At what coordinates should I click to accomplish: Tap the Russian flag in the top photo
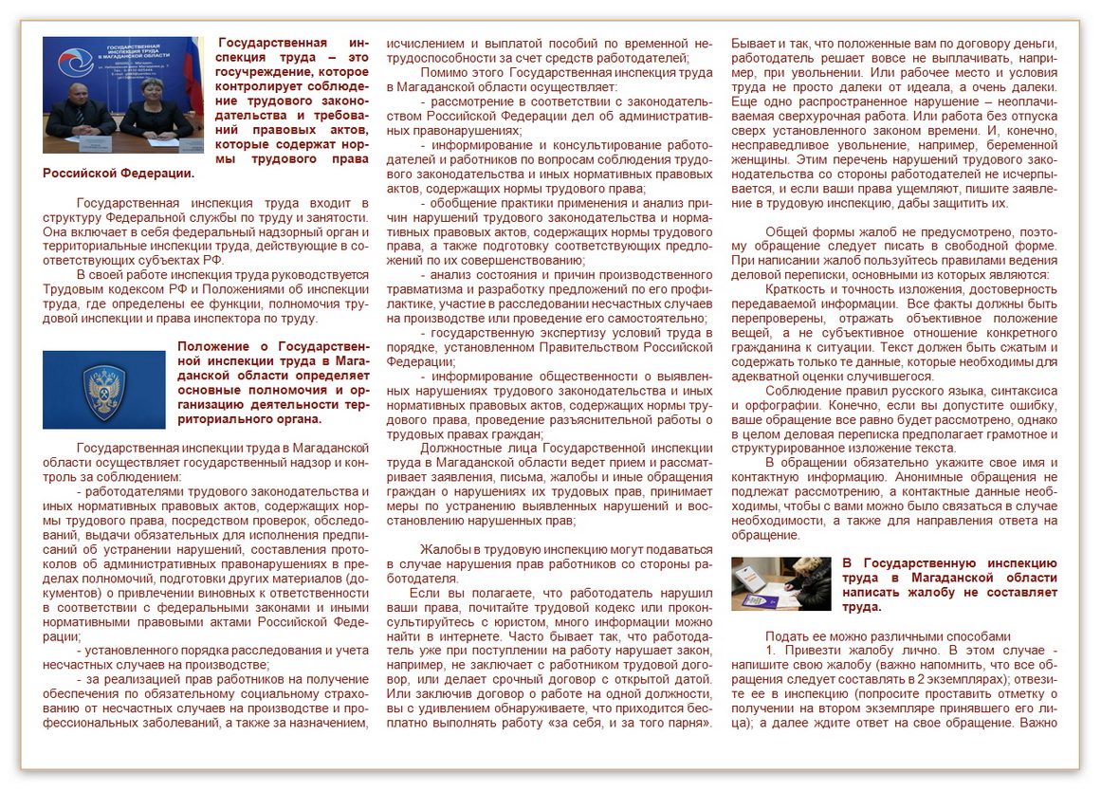click(x=195, y=66)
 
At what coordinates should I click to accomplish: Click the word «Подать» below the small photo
click(x=785, y=635)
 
